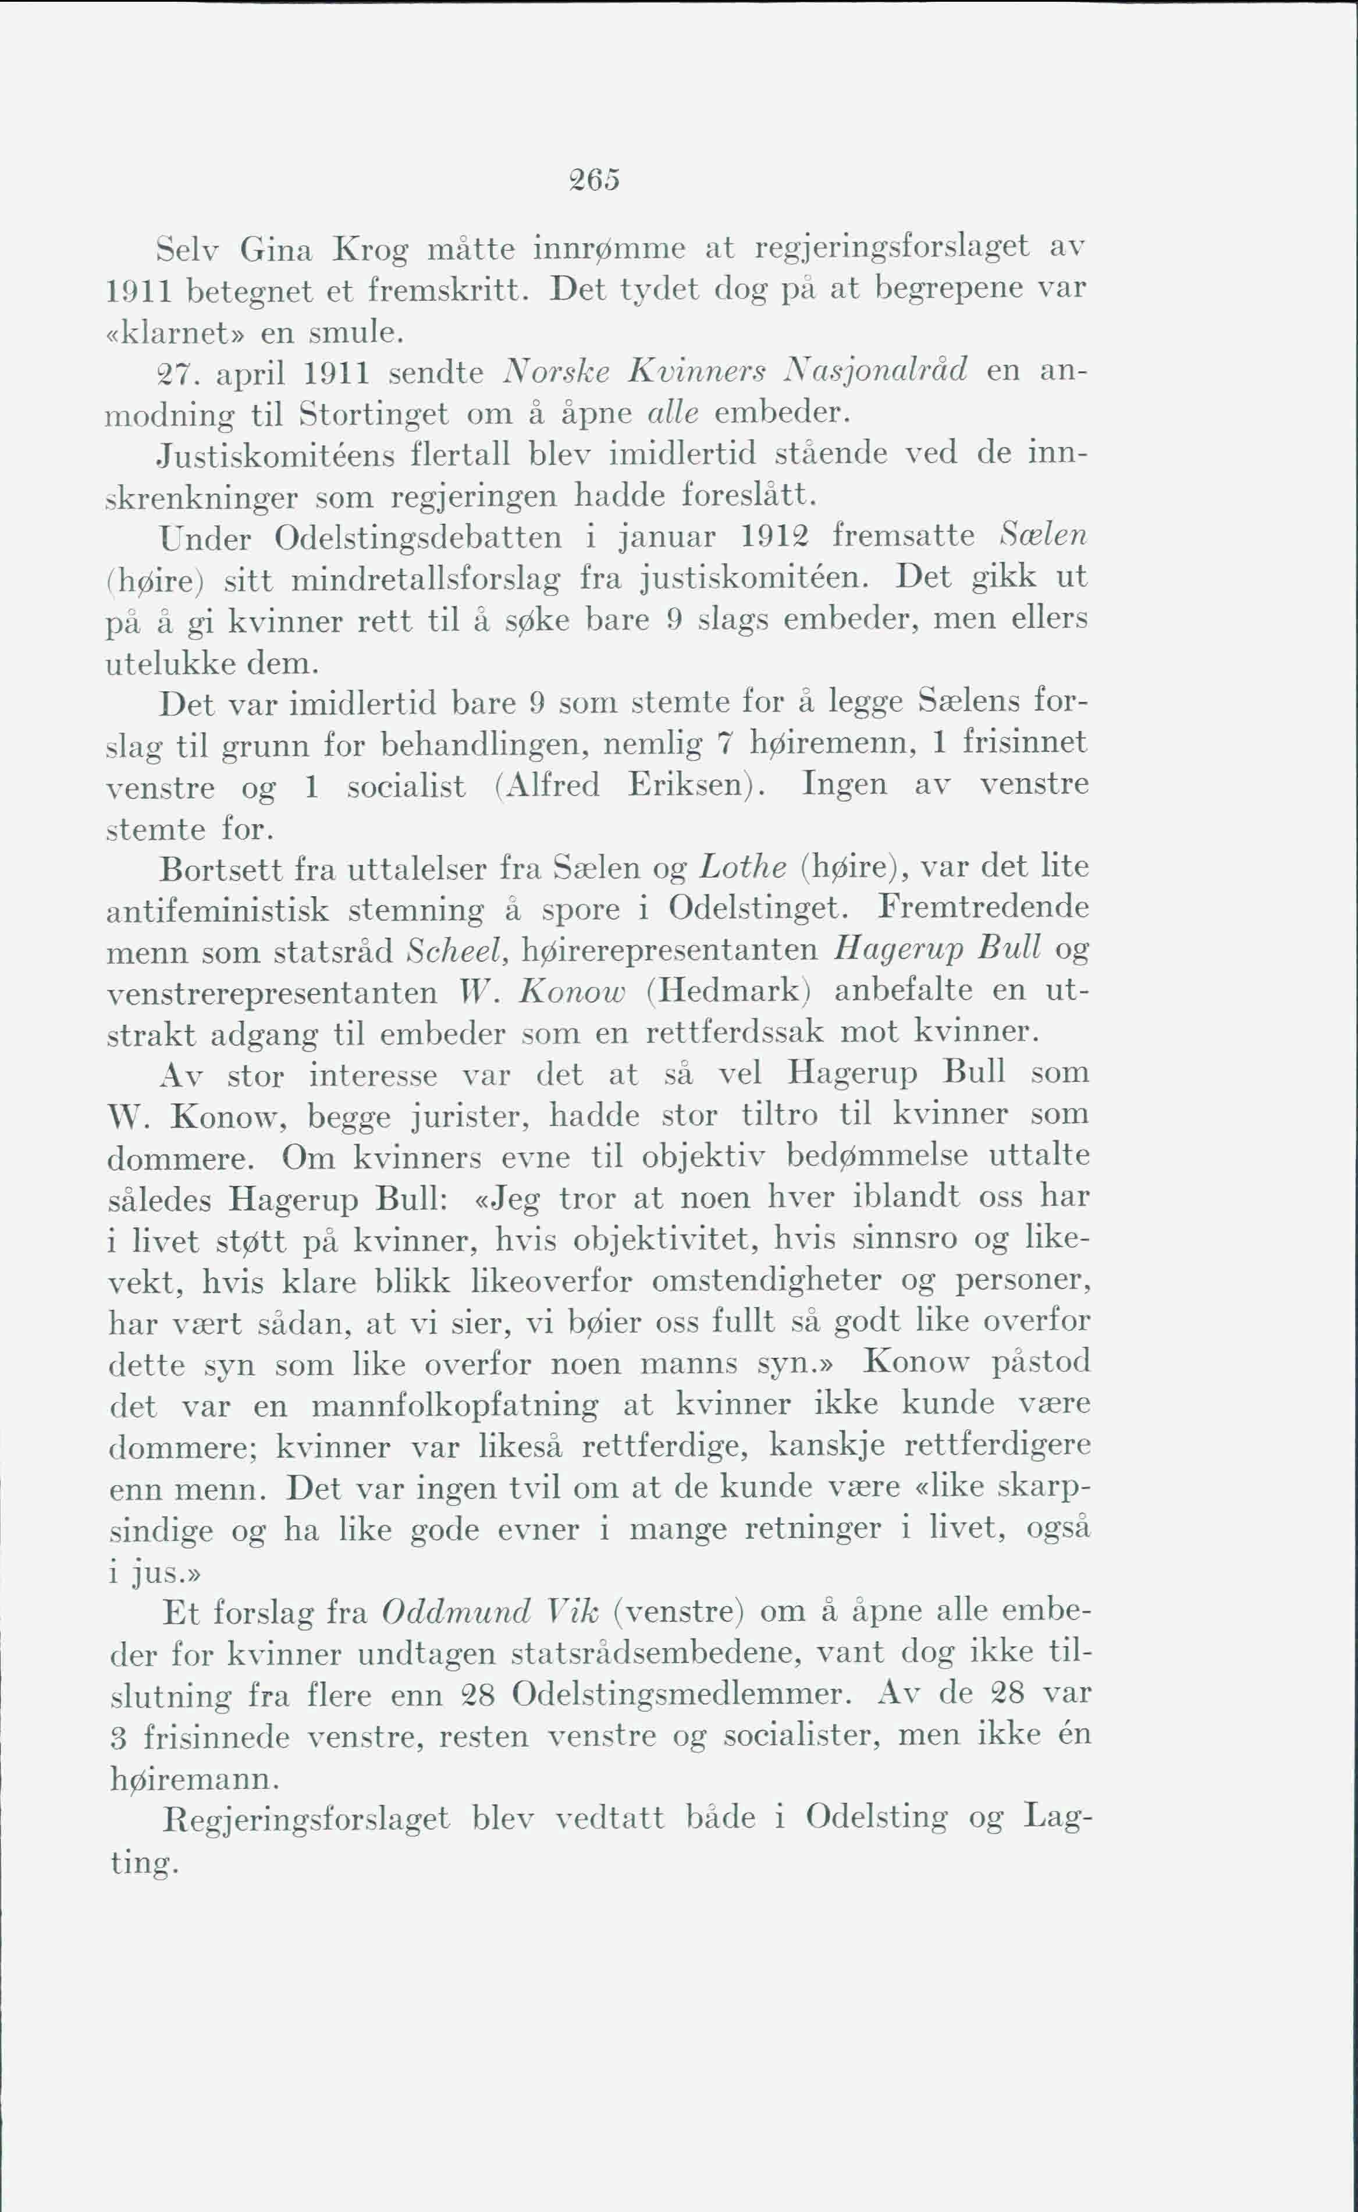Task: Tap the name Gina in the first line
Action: click(276, 248)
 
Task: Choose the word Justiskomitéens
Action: click(276, 455)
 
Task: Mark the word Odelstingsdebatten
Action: click(418, 537)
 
